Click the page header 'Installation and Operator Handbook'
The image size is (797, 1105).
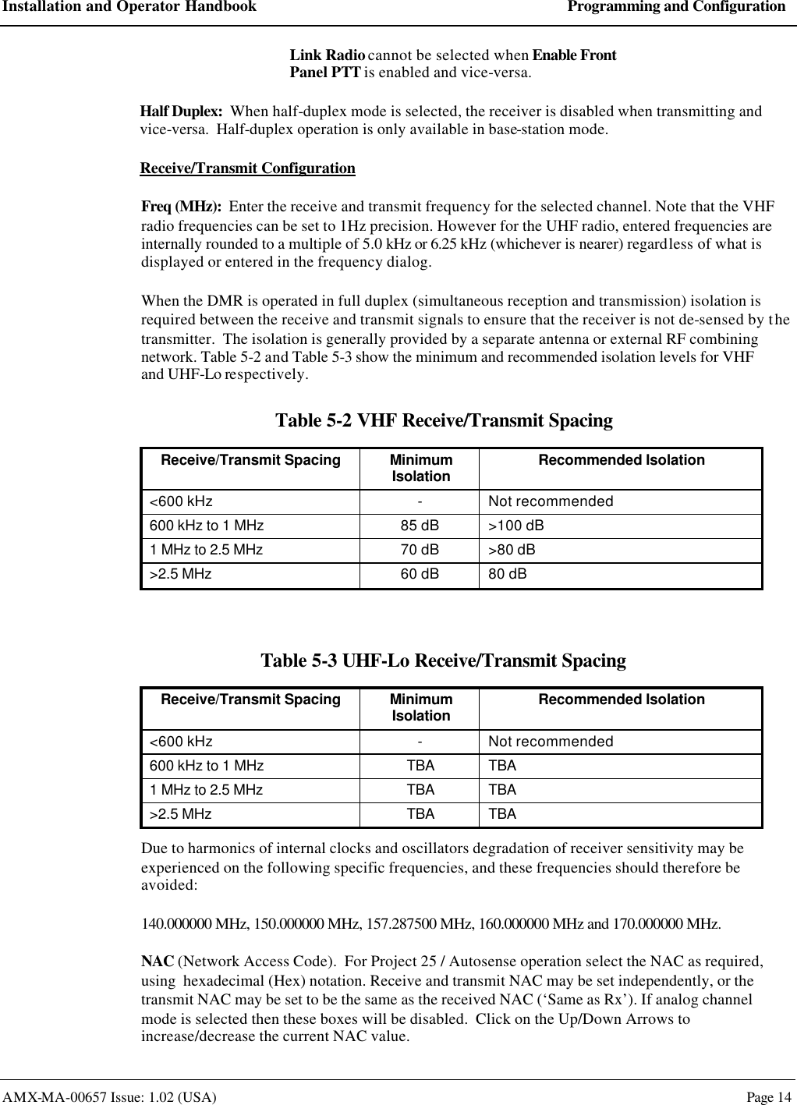tap(128, 7)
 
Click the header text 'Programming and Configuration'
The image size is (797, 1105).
tap(676, 7)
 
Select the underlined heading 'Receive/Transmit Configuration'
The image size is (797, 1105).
tap(247, 168)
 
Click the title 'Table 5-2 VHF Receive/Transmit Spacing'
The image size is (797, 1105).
tap(444, 421)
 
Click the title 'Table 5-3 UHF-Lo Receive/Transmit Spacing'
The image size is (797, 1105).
tap(443, 661)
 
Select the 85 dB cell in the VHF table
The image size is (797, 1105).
tap(420, 526)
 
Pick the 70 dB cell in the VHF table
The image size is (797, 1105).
tap(420, 550)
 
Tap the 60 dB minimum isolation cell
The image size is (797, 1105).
tap(420, 575)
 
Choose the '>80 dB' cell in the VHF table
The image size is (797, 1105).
tap(512, 550)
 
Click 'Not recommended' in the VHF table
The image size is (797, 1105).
tap(551, 501)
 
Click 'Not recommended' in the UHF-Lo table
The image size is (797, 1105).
tap(551, 742)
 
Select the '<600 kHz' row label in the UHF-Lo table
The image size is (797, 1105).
tap(181, 742)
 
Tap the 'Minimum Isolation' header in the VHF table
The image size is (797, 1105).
tap(420, 468)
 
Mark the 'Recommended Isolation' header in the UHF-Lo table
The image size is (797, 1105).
tap(622, 699)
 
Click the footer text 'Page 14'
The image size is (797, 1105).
tap(768, 1097)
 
